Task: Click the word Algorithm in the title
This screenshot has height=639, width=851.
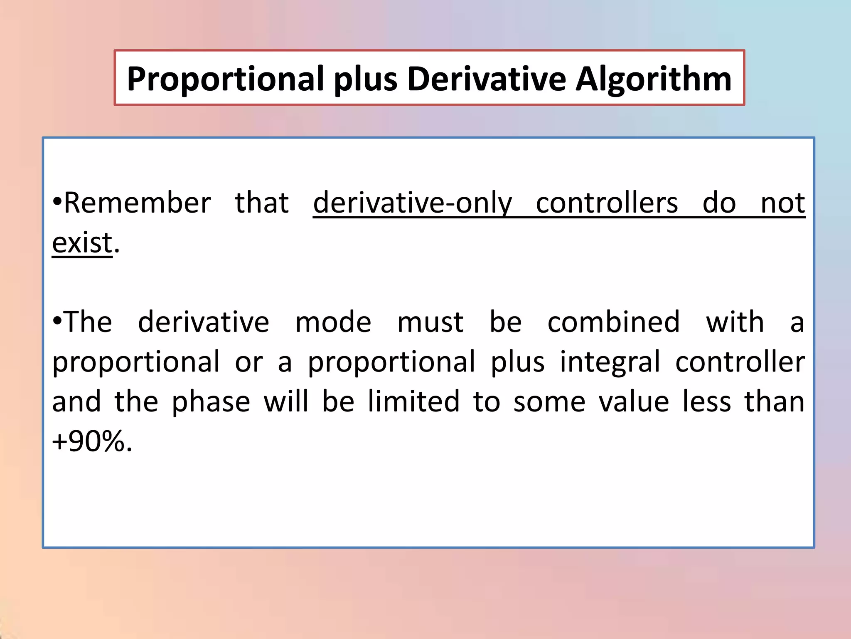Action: [653, 79]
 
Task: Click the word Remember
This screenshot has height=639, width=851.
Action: [137, 203]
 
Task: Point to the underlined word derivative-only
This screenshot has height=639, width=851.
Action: [412, 203]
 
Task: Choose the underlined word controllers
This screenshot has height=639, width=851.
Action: [607, 203]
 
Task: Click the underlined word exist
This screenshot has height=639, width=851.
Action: [82, 243]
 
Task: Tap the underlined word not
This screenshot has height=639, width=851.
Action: [782, 203]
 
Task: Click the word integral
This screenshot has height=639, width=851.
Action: [610, 362]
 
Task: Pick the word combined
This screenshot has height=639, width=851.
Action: [613, 322]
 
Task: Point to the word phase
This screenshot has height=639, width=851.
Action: [211, 402]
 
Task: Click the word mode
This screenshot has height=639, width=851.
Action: [333, 322]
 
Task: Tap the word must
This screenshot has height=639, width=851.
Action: [430, 322]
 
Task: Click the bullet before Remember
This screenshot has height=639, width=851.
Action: [57, 202]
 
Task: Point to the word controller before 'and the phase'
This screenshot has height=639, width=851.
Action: [740, 362]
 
